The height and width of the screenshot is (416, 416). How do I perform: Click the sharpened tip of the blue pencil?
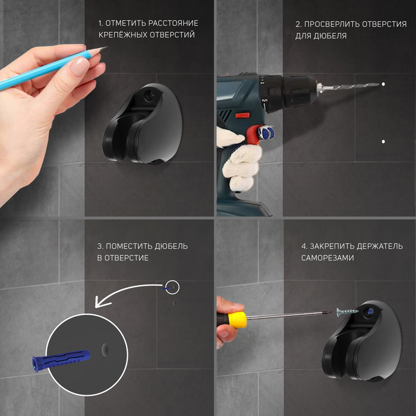point(106,47)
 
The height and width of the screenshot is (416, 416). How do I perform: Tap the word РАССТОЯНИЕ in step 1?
point(173,23)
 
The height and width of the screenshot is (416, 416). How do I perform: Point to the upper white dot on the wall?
point(383,84)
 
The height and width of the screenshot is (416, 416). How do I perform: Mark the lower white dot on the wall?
point(383,141)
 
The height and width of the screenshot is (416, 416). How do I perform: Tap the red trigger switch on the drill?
point(242,115)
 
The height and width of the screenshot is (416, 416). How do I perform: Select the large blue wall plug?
point(61,360)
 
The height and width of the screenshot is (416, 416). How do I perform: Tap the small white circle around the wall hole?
point(172,287)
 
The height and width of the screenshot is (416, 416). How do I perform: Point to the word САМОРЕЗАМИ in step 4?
point(327,258)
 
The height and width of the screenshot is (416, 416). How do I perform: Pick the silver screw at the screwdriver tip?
point(348,312)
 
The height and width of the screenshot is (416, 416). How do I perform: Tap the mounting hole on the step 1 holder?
point(149,95)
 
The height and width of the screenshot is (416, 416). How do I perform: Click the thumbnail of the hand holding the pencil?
point(79,65)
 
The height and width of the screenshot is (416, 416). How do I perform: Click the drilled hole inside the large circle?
point(105,350)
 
